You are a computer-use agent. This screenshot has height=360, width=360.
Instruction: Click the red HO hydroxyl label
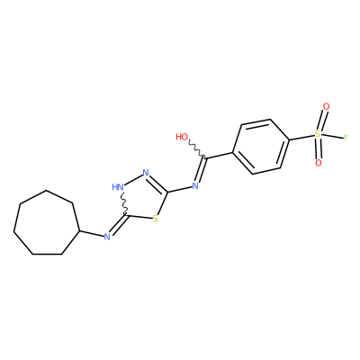click(182, 137)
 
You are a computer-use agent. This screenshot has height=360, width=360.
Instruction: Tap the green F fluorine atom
click(346, 138)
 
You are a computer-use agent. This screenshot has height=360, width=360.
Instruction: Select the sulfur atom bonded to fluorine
click(318, 134)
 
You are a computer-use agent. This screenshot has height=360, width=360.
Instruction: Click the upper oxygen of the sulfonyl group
click(326, 106)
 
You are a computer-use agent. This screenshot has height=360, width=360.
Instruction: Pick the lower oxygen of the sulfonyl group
click(319, 163)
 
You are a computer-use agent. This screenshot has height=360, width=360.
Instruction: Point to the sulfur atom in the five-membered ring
click(155, 219)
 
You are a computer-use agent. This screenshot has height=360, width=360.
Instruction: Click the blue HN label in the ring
click(118, 187)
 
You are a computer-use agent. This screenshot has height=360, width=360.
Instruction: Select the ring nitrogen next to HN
click(146, 173)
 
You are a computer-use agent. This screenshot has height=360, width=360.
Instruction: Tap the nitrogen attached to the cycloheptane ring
click(107, 237)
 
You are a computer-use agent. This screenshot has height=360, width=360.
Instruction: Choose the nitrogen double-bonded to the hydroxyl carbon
click(195, 185)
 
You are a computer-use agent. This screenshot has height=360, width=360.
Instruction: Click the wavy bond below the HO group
click(196, 149)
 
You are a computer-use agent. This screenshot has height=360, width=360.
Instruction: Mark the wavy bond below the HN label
click(124, 204)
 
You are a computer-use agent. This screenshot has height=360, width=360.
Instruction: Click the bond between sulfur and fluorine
click(332, 136)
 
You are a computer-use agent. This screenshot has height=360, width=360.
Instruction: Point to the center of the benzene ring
click(261, 147)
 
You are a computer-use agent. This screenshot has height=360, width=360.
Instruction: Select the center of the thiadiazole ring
click(142, 199)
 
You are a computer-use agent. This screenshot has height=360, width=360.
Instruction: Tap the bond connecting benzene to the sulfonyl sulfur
click(301, 137)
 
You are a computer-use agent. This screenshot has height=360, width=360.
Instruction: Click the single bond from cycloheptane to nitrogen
click(92, 234)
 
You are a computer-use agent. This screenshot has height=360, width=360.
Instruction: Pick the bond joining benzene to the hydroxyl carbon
click(219, 155)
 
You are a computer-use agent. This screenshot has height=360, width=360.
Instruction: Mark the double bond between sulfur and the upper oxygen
click(322, 121)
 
